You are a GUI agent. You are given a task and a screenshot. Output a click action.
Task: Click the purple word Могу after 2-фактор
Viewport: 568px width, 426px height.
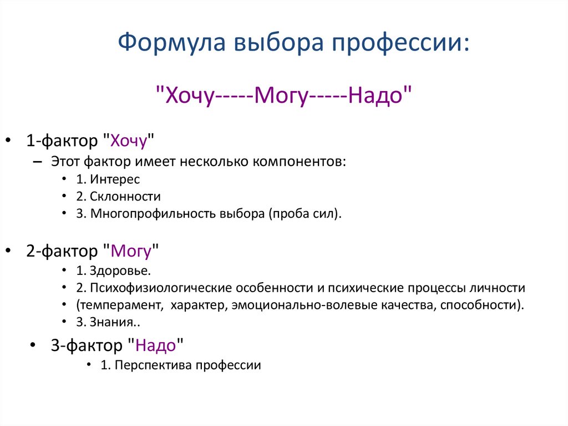131,251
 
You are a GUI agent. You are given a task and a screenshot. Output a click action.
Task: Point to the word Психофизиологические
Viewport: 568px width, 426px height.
161,288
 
